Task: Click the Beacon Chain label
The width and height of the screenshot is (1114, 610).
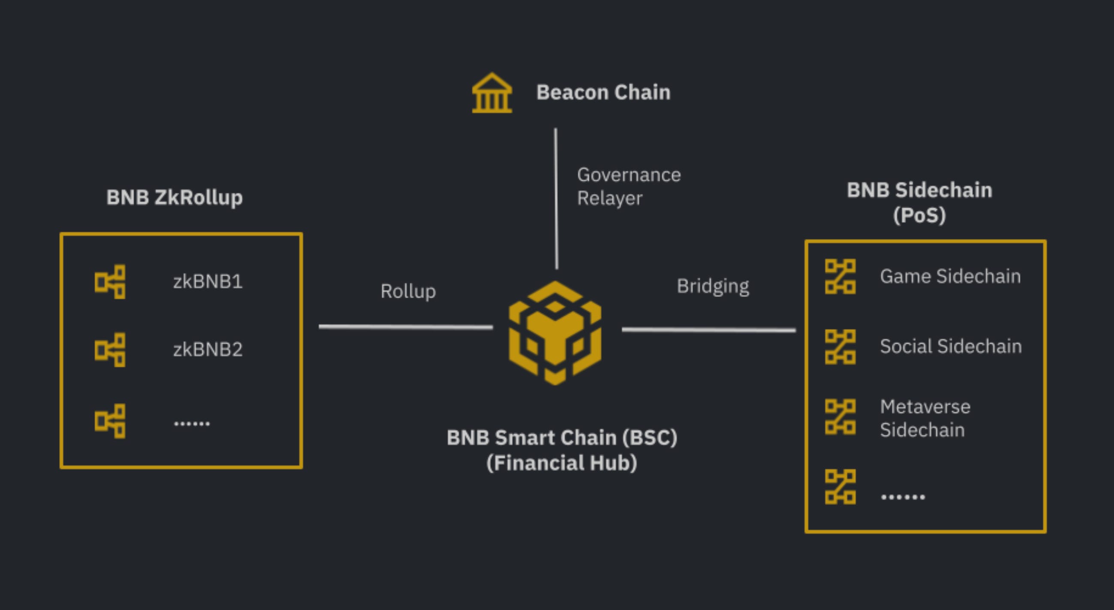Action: pos(603,93)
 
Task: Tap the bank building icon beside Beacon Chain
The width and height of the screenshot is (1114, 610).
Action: pos(492,93)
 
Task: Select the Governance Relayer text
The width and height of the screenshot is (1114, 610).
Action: pos(628,187)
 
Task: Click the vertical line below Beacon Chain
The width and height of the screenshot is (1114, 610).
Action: pos(556,199)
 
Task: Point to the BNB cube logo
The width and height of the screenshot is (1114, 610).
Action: pos(555,333)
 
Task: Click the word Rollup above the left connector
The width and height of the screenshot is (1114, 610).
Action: pos(408,291)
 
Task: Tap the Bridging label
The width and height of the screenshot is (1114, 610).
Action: pos(713,286)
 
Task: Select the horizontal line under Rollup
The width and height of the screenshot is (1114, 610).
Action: pos(406,327)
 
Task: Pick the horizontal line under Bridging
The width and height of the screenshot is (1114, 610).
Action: pos(708,330)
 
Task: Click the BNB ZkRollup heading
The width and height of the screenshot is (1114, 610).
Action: pos(175,197)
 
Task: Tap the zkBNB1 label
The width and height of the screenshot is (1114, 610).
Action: pos(208,282)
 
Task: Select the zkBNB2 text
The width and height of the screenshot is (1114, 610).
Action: pos(208,349)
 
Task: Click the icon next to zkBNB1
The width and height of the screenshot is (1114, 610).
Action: pos(110,282)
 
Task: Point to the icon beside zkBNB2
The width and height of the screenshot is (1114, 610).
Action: pos(110,350)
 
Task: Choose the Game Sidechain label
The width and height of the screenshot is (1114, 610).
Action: pos(950,276)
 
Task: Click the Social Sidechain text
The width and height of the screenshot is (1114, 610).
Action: pos(951,347)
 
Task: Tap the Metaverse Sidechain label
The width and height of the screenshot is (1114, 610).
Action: pos(925,418)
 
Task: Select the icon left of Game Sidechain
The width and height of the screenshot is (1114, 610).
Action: pos(840,276)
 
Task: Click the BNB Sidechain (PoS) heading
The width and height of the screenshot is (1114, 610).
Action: pos(919,202)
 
